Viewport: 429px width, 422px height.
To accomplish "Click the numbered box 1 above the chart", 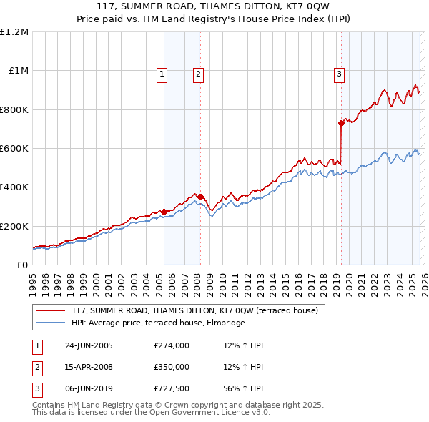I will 162,73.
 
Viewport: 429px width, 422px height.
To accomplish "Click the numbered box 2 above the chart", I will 197,73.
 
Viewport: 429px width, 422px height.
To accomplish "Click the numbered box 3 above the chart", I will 339,73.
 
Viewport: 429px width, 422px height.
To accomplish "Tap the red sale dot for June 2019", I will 341,124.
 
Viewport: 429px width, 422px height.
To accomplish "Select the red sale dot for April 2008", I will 200,197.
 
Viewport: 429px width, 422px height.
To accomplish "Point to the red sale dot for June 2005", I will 164,212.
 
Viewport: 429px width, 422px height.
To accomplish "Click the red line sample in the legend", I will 50,311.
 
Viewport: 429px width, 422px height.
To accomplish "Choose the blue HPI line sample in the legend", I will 50,323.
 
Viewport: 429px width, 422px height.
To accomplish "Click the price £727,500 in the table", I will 172,388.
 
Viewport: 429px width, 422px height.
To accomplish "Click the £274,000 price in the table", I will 172,345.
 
